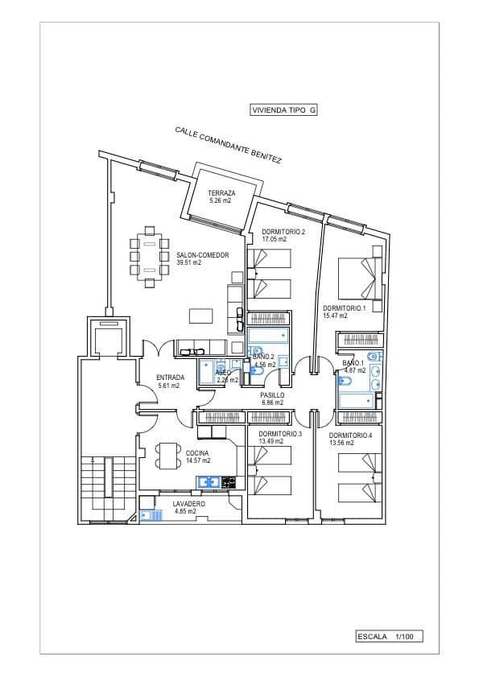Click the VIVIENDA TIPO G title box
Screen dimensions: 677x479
284,111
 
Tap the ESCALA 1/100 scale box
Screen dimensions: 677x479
389,636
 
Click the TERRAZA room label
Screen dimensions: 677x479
221,193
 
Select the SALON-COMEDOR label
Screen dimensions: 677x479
203,255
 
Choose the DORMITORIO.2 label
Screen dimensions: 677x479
283,232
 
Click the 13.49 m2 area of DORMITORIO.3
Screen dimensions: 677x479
273,441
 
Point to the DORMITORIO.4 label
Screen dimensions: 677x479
350,435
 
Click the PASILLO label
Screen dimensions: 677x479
272,395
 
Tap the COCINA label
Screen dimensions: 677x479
198,452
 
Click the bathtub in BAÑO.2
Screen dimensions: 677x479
267,335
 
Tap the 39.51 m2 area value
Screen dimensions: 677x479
188,262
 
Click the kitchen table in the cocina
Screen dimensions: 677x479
167,456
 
